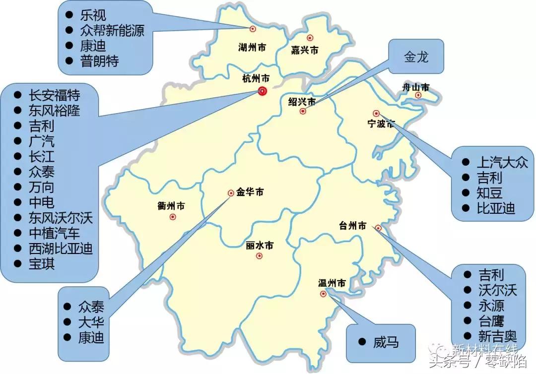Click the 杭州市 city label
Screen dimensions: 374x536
point(256,79)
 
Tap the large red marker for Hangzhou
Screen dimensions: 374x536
point(263,91)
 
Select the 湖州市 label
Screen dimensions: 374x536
point(252,48)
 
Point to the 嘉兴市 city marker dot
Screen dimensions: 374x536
point(310,38)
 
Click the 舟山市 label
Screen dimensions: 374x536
point(415,87)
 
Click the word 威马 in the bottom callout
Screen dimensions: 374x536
point(386,342)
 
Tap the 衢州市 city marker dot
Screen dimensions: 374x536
point(173,217)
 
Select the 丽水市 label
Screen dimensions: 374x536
point(260,246)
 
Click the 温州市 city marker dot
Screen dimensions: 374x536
point(324,294)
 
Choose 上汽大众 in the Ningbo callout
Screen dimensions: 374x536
point(502,162)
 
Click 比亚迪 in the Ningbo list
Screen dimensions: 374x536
point(496,208)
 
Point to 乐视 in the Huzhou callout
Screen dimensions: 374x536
point(93,15)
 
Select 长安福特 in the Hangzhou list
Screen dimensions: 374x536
point(54,95)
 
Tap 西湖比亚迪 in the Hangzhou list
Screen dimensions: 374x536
point(61,248)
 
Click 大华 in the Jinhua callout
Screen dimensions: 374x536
point(91,322)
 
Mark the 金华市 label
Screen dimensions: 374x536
point(250,192)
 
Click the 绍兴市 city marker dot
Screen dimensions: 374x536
point(303,112)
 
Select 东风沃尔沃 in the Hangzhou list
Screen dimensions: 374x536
point(61,217)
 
